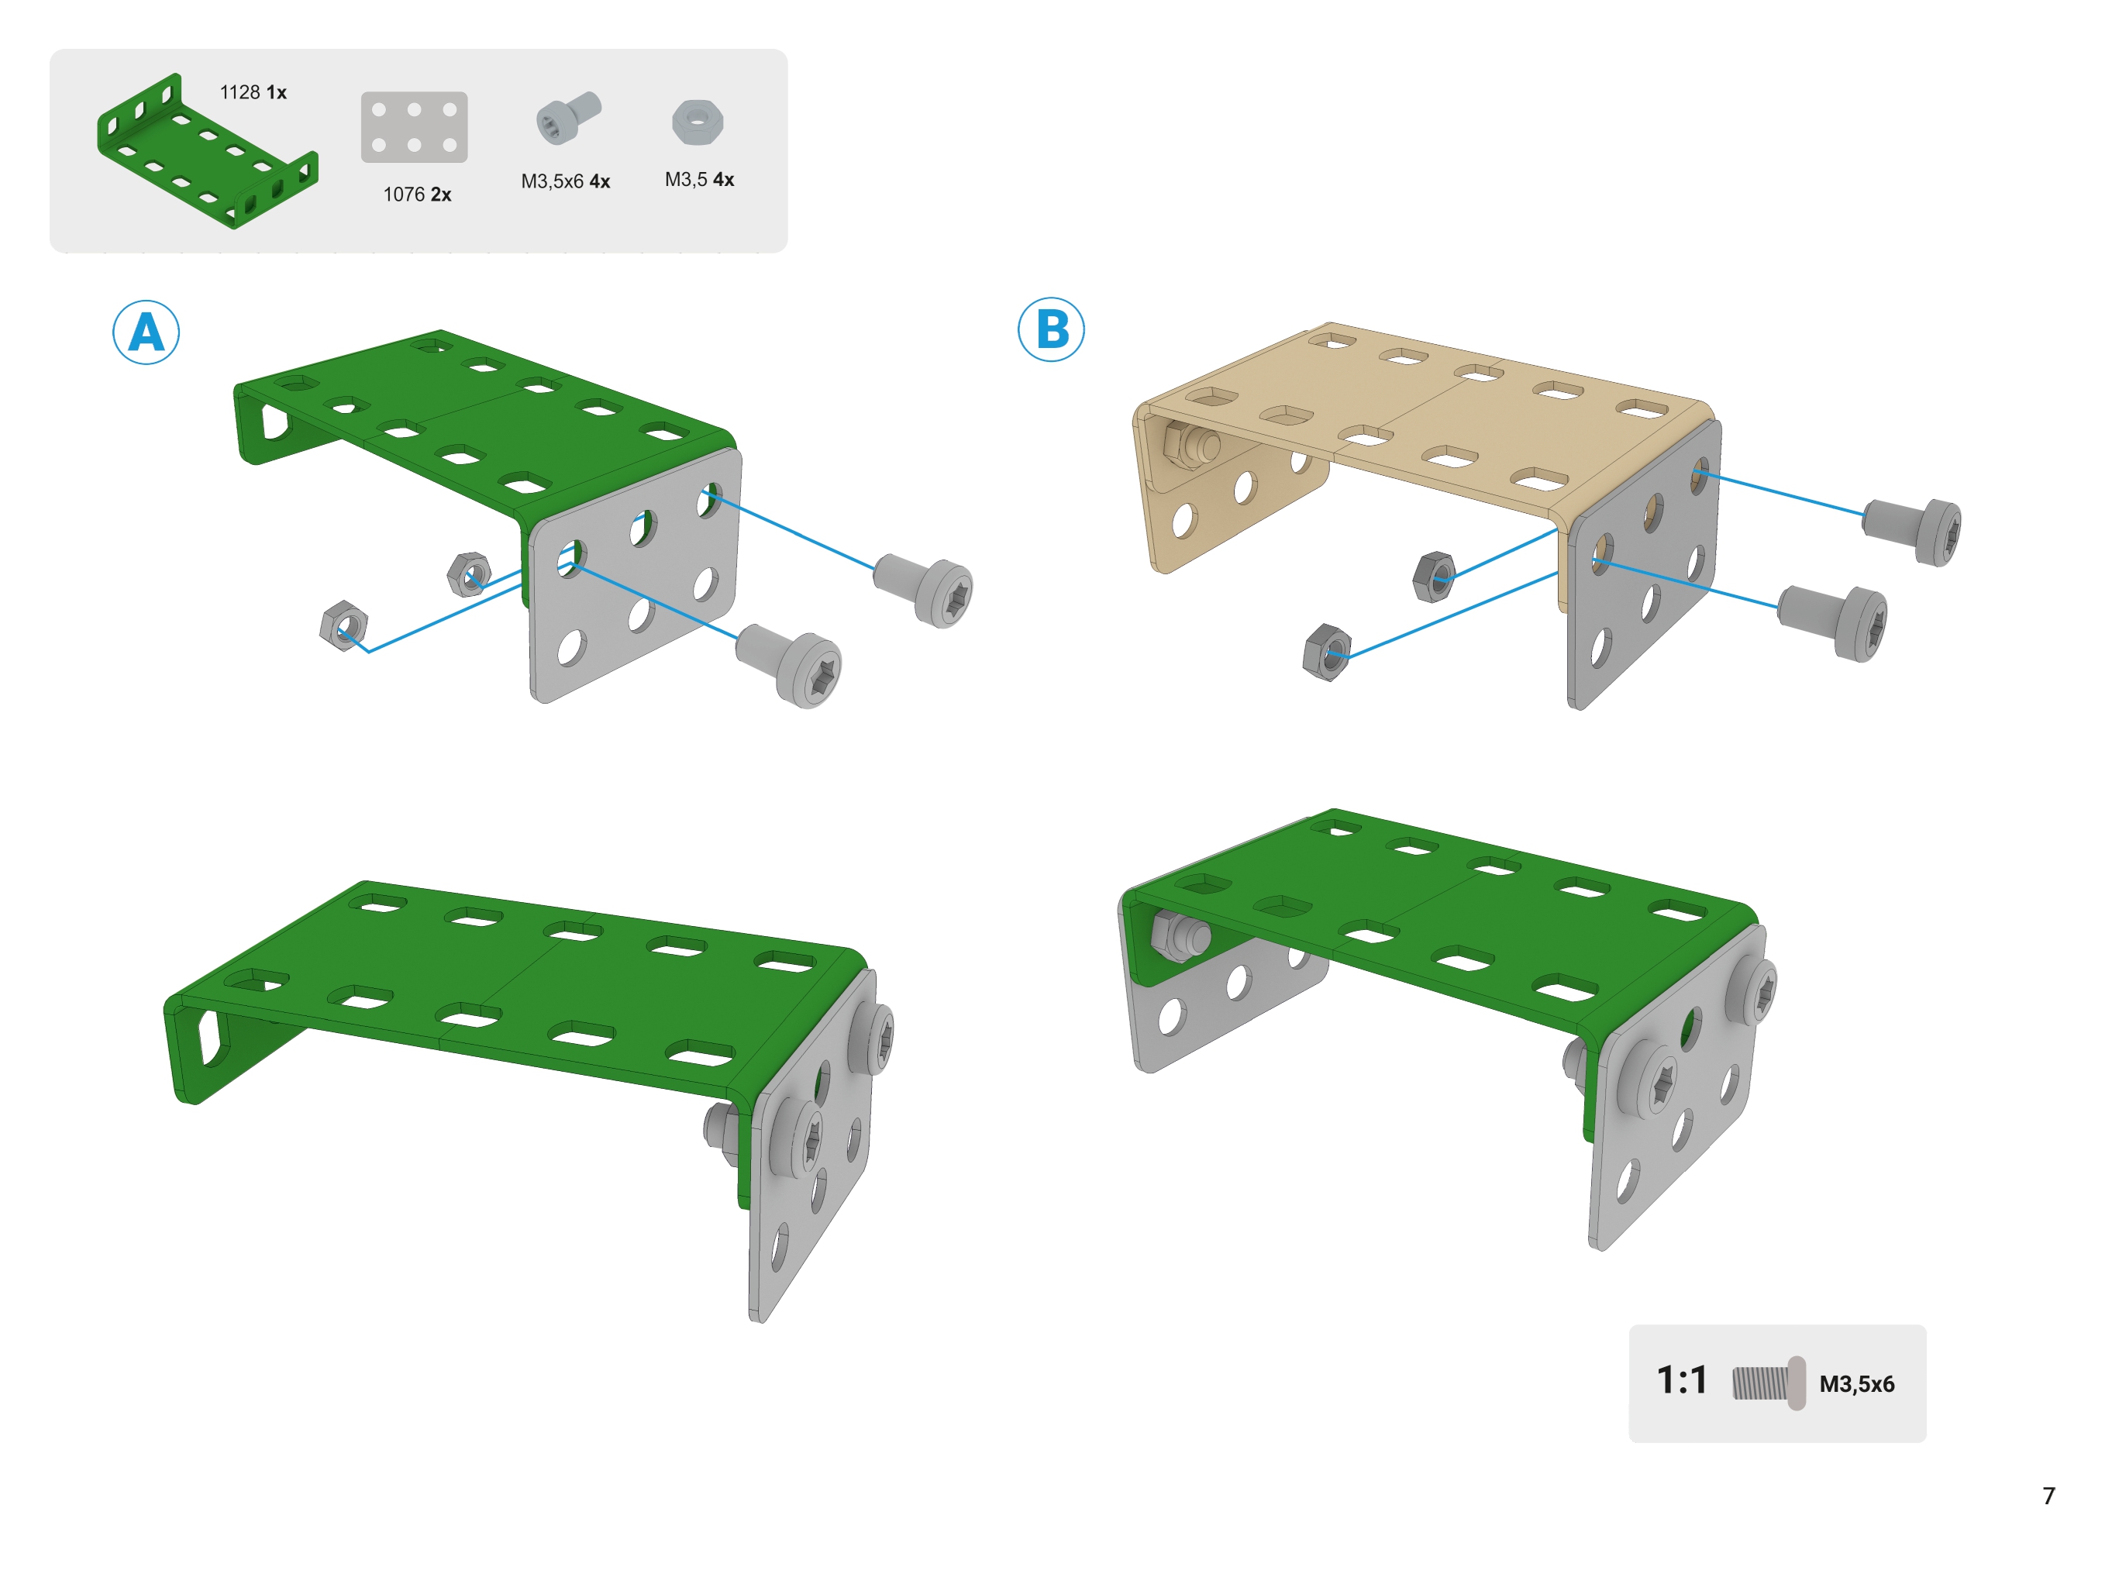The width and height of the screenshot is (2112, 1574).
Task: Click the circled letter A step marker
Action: coord(146,332)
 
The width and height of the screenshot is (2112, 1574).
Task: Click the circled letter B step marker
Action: coord(1051,329)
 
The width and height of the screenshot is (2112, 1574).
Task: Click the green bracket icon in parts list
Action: coord(208,150)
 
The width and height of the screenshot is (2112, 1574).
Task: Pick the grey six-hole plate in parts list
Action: coord(415,127)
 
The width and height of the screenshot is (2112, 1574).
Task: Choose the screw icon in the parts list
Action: coord(569,117)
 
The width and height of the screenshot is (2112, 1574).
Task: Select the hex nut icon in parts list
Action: coord(698,122)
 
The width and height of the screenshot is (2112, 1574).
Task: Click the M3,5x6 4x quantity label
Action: coord(566,181)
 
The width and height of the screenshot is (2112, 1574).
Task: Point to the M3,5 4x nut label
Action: coord(699,179)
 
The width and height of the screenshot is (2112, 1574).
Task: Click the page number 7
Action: coord(2049,1496)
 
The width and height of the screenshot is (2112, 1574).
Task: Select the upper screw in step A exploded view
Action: coord(923,589)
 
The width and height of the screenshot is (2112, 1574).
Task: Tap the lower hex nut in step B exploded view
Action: coord(1327,653)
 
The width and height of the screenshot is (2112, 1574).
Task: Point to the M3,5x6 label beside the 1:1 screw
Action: coord(1857,1383)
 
